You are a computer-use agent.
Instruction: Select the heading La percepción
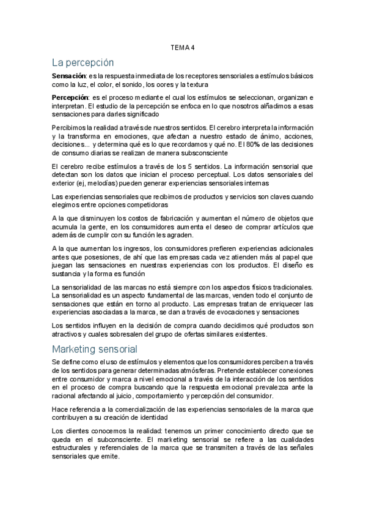pos(82,62)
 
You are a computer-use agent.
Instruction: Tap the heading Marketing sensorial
pos(95,349)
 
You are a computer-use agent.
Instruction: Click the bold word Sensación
pos(70,76)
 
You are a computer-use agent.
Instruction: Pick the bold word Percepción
pos(70,97)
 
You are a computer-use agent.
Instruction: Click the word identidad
pos(152,417)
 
